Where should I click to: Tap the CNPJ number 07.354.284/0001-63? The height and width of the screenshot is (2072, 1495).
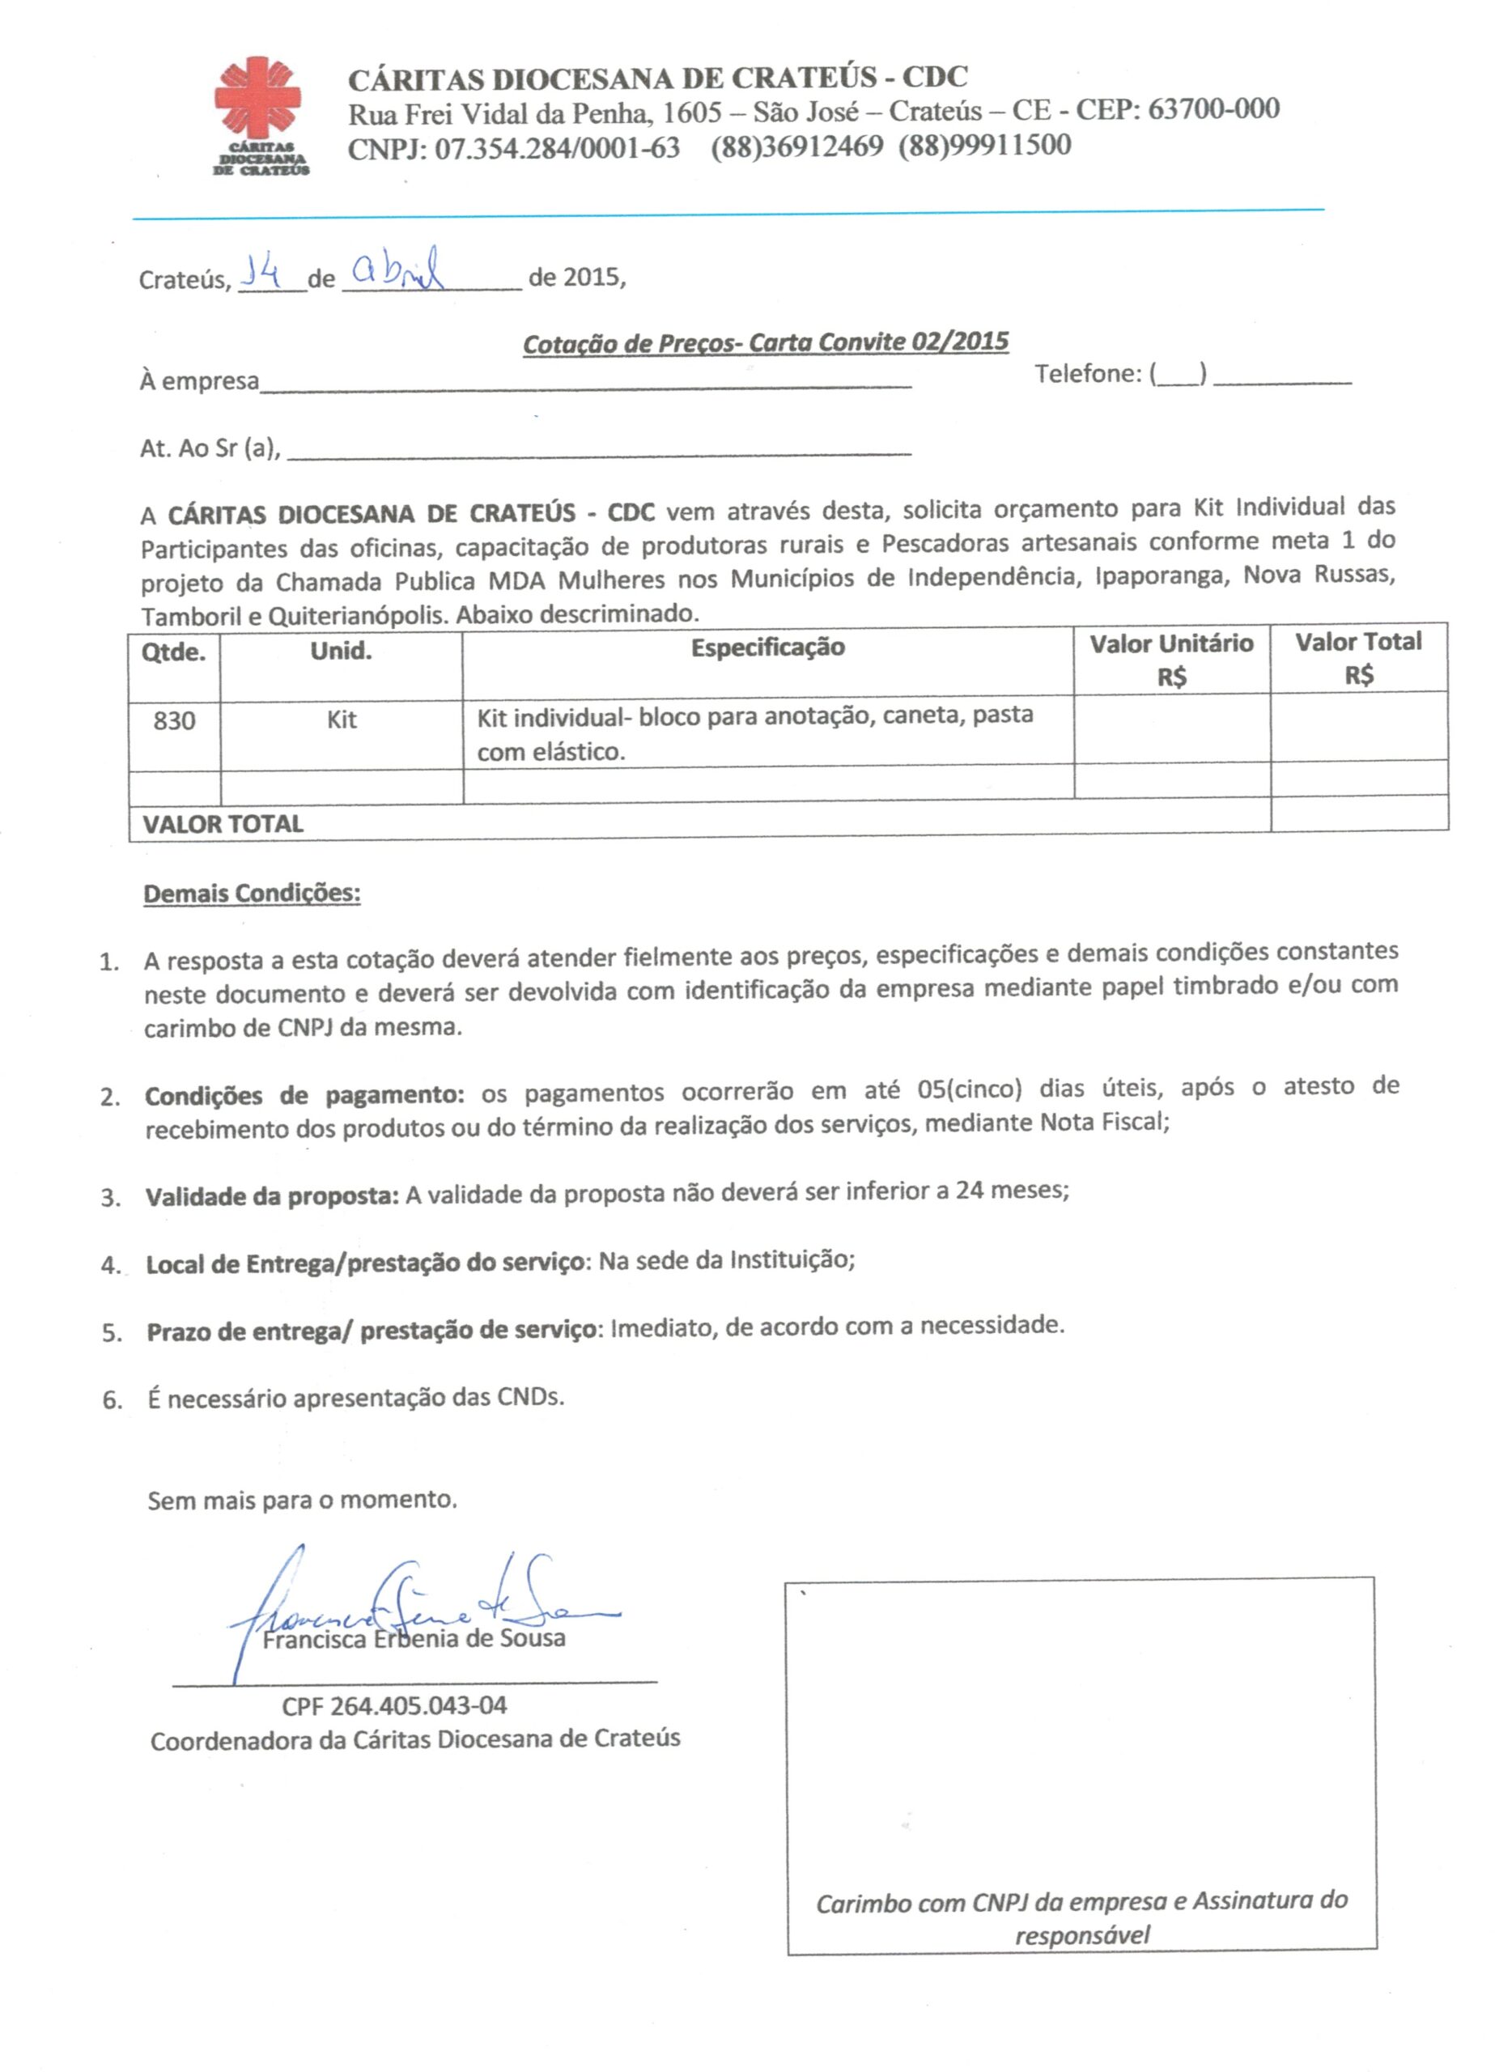click(557, 148)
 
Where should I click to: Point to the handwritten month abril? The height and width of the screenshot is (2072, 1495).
click(398, 269)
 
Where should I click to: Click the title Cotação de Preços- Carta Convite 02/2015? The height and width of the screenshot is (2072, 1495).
click(765, 342)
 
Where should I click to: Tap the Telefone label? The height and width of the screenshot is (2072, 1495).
click(1087, 374)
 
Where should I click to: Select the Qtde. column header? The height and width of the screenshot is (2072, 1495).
click(174, 652)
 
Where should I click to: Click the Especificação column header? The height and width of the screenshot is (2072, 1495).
click(767, 647)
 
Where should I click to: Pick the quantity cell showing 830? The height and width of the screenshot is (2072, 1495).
click(174, 721)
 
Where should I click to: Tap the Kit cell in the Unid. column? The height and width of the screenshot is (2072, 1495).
click(341, 720)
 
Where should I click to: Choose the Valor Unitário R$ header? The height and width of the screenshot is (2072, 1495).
click(1170, 660)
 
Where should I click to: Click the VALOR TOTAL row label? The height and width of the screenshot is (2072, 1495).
click(223, 824)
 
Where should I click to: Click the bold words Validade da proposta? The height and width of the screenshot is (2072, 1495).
click(271, 1196)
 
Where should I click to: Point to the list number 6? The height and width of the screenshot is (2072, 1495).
click(112, 1399)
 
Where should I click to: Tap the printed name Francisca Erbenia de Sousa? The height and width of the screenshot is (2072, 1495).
click(414, 1637)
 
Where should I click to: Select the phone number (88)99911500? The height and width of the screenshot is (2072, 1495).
click(984, 145)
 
